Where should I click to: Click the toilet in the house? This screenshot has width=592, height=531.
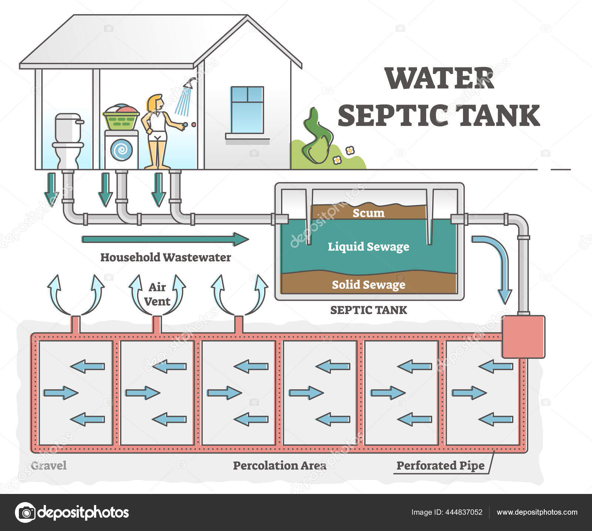pos(67,141)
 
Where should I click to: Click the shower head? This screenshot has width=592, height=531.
pos(190,84)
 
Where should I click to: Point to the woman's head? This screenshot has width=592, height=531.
pos(155,103)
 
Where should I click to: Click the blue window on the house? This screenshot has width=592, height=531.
pos(247,110)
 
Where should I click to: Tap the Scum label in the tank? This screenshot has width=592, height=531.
pos(368,213)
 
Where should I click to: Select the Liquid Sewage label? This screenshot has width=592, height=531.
pos(369,247)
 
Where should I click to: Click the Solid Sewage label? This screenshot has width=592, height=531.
pos(369,285)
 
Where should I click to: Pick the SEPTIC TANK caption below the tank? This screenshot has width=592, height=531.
pos(369,310)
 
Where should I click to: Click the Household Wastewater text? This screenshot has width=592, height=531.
pos(165,257)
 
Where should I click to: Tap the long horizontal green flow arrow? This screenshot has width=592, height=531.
pos(165,239)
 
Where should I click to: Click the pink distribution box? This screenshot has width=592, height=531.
pos(523,336)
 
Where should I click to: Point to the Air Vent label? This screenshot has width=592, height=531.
pos(157,294)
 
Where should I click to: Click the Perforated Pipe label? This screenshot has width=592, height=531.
pos(440,465)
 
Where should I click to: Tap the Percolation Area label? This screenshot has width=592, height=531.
pos(279,465)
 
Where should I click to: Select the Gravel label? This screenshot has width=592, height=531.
pos(48,465)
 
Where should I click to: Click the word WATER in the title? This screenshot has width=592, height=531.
pos(439,79)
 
